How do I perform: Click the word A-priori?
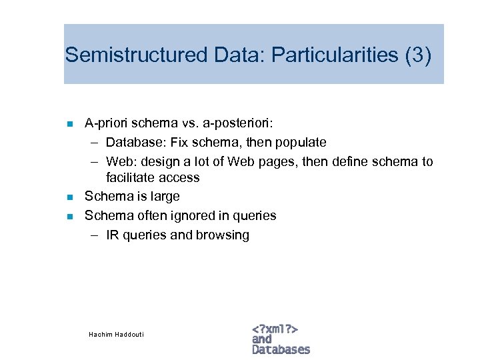pos(106,123)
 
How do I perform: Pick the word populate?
pos(301,142)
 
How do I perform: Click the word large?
pos(165,197)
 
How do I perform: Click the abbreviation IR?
pos(112,235)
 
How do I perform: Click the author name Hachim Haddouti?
pos(116,333)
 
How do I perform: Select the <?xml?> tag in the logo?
pos(275,329)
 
